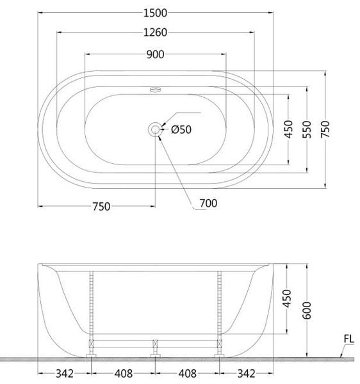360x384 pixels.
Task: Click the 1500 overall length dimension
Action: (155, 13)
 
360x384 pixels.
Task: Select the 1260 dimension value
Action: (155, 33)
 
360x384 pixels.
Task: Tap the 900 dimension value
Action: (155, 54)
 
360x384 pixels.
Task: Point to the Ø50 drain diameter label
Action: (181, 129)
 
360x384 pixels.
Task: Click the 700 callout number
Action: (208, 204)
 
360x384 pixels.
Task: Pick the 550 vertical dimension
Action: (307, 129)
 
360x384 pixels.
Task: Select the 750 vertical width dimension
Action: (325, 129)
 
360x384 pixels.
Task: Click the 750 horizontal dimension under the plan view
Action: (101, 207)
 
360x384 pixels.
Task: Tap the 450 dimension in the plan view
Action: (288, 129)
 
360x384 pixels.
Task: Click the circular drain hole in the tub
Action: (155, 129)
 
